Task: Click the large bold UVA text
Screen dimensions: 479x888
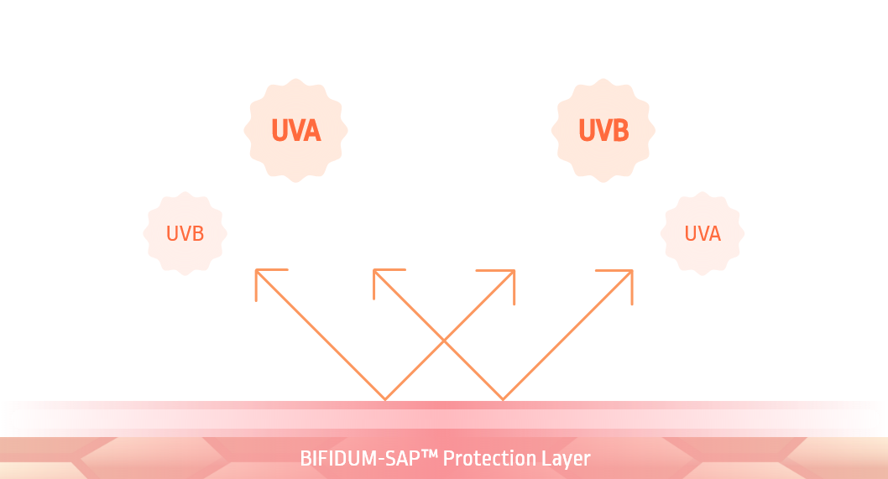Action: [296, 131]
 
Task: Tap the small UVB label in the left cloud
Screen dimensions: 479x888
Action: [185, 233]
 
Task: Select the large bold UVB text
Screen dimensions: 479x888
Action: [603, 131]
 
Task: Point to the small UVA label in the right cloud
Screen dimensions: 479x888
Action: [703, 233]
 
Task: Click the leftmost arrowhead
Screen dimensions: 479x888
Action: [258, 273]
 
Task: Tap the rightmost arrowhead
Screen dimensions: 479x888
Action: [629, 273]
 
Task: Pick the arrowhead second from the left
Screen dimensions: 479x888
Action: [377, 273]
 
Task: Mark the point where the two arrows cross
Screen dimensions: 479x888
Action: [444, 341]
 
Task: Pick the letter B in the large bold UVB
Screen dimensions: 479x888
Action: [621, 131]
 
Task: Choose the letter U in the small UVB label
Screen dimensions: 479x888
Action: [172, 233]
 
